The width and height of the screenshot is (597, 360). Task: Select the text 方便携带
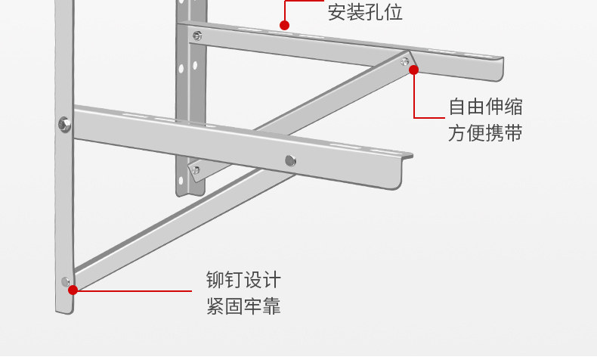[485, 134]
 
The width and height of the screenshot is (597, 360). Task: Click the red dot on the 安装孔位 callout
[285, 25]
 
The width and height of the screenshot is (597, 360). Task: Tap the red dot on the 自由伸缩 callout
[414, 70]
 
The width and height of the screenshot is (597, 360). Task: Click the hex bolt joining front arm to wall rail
[64, 123]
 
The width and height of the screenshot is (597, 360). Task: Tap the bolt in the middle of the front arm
[290, 160]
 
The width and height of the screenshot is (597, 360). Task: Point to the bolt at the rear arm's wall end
[198, 35]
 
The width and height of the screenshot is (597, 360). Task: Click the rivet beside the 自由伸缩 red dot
[405, 61]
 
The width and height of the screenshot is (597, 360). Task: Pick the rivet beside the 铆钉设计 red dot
[65, 281]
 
